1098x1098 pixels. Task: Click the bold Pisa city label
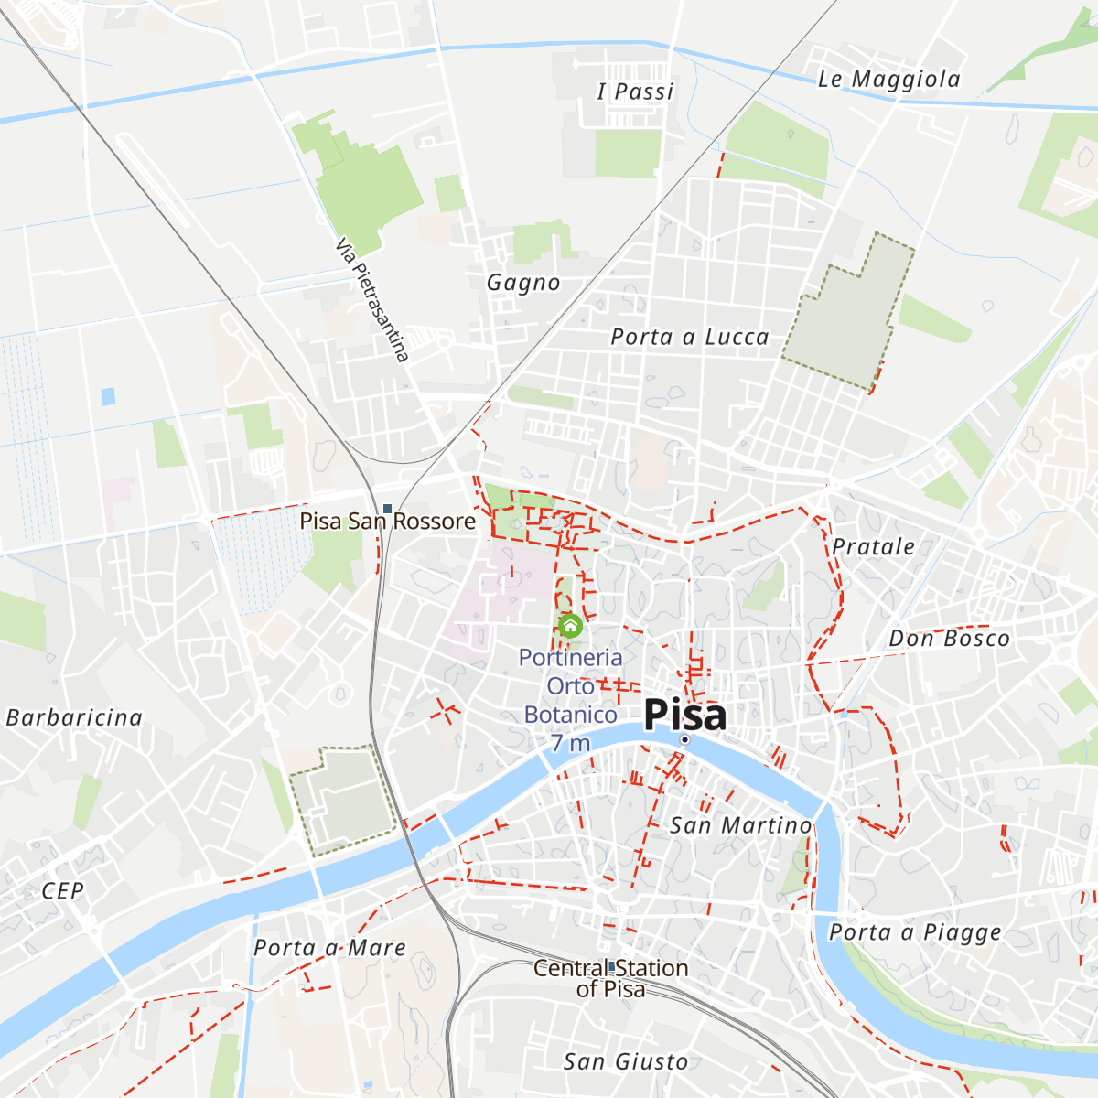[685, 715]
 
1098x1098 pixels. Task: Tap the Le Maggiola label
[888, 80]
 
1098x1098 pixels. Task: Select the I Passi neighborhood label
[635, 91]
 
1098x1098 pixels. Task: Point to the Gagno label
[523, 283]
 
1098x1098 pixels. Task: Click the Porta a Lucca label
[690, 338]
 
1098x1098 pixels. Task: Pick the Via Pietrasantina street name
[371, 300]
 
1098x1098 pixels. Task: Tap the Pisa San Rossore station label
[388, 522]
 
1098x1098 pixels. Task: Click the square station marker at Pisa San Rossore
[388, 509]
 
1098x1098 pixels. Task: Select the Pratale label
[873, 547]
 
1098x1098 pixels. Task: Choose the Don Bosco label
[949, 639]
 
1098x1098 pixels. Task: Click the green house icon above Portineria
[570, 626]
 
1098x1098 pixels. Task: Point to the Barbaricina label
[74, 717]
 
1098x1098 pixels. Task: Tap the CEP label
[62, 891]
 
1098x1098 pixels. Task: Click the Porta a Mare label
[329, 948]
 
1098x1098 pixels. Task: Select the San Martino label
[740, 826]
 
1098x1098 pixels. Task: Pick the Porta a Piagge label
[915, 932]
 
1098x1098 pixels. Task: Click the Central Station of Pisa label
[610, 978]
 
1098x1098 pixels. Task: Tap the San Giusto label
[626, 1061]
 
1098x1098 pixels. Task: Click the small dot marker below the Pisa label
[684, 739]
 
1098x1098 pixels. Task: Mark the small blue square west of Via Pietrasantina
[108, 396]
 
